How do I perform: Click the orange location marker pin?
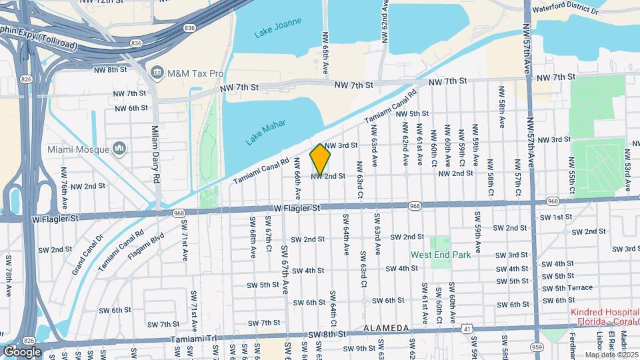click(x=320, y=159)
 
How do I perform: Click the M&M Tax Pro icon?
click(x=157, y=71)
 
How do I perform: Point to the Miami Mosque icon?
click(x=120, y=148)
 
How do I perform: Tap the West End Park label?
click(x=441, y=255)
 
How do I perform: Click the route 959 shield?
click(x=537, y=347)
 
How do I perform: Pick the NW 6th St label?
click(x=131, y=108)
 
